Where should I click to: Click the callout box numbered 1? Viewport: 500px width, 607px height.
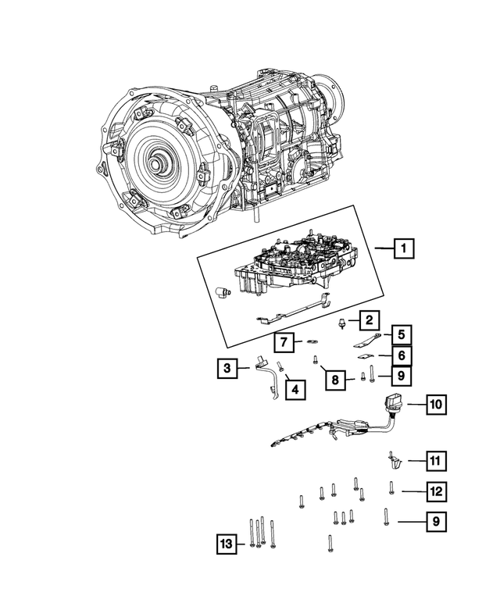(403, 249)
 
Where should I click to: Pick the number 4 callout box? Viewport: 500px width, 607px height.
(295, 387)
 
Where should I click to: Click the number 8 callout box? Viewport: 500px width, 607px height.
(335, 380)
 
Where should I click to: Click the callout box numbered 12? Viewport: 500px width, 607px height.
(436, 491)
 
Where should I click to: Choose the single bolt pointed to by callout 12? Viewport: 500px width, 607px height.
(391, 489)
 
